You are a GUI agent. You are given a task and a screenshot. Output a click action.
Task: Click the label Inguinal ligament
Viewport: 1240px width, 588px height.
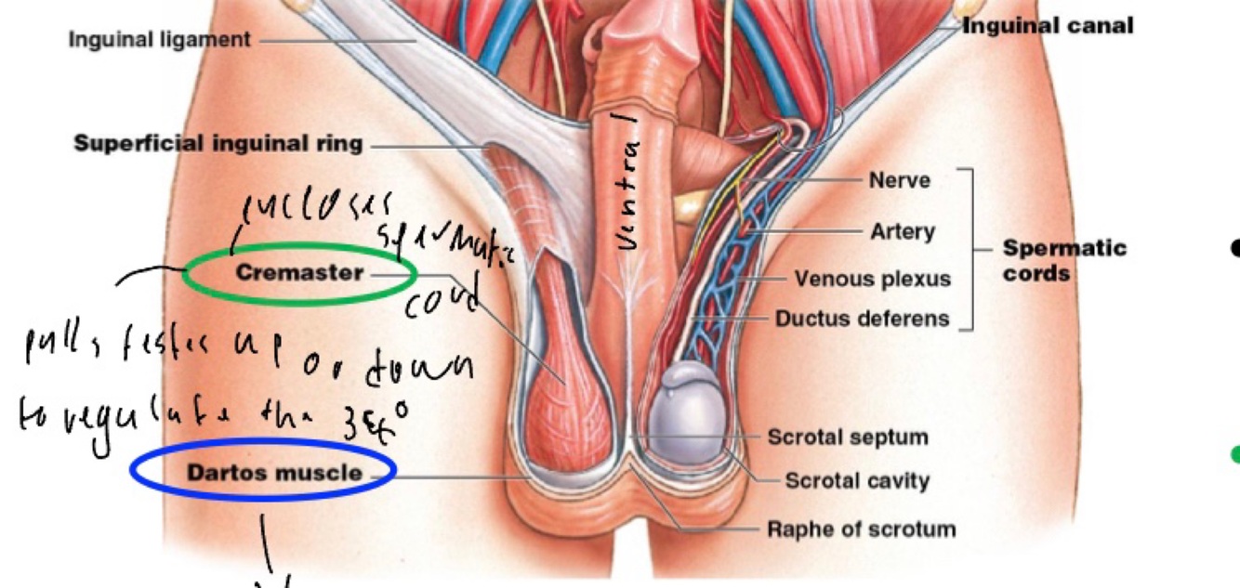(159, 40)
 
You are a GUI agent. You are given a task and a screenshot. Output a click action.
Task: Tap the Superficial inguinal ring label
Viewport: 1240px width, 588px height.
(218, 144)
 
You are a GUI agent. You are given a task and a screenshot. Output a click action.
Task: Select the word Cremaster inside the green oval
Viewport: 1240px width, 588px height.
(298, 273)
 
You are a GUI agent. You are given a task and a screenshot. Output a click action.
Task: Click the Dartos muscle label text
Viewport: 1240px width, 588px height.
(274, 473)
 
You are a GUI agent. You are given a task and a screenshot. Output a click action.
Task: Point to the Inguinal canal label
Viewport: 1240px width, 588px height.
(1048, 26)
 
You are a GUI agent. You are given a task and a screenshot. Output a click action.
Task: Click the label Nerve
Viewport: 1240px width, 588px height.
(899, 180)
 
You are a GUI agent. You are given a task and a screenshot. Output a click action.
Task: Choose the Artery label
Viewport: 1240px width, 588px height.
(903, 230)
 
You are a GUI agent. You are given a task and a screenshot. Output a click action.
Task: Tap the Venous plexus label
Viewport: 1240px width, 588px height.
(872, 279)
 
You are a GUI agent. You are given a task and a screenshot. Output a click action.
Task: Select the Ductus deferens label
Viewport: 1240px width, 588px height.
(863, 319)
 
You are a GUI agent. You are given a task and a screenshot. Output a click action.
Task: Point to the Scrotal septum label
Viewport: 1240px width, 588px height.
(847, 437)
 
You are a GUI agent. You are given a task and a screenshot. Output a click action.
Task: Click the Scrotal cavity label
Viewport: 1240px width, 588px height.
(856, 481)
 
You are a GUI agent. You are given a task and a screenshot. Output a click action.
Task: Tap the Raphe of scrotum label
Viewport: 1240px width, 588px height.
(861, 529)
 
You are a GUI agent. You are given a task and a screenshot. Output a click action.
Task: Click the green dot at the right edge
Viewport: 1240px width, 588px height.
(1234, 454)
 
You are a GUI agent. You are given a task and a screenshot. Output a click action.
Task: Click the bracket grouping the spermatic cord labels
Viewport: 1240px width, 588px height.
(970, 249)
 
